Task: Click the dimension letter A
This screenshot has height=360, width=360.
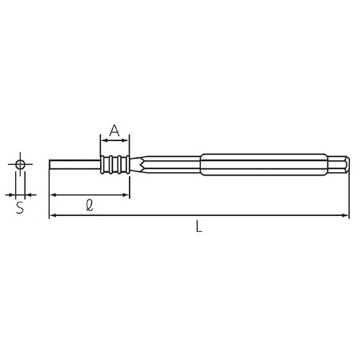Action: [114, 130]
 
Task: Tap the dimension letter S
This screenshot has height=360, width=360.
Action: [20, 209]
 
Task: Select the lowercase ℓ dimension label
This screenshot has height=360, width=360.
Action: [88, 205]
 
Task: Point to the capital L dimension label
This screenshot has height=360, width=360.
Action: [199, 227]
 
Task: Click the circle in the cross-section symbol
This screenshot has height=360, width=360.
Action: [20, 165]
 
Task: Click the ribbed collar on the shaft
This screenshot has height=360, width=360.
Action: [114, 165]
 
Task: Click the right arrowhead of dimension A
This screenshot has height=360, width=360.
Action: [126, 140]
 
